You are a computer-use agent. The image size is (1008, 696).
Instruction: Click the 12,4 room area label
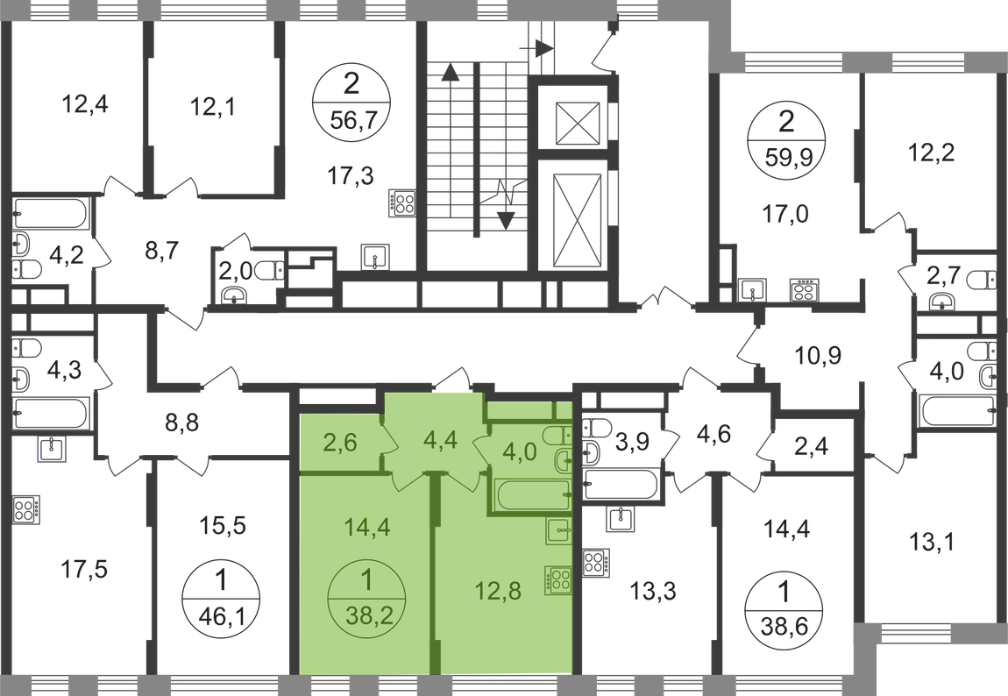click(85, 103)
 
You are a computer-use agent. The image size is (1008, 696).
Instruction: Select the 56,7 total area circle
click(351, 103)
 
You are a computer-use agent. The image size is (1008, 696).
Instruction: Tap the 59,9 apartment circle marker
click(786, 138)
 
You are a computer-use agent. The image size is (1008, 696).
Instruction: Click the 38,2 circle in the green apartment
click(367, 599)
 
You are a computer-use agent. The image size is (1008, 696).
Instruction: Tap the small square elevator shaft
click(577, 123)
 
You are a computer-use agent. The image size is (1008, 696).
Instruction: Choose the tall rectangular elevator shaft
click(577, 215)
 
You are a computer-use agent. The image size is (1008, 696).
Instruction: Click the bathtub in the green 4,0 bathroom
click(532, 495)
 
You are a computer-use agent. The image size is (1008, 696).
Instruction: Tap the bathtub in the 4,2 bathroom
click(50, 213)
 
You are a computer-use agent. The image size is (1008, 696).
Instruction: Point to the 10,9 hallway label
click(818, 355)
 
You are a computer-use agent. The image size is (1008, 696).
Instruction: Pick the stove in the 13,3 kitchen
click(596, 563)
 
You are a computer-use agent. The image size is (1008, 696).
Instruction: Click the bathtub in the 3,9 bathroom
click(621, 485)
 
